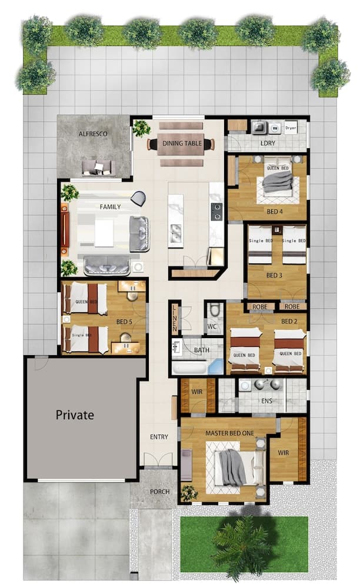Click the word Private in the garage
point(75,415)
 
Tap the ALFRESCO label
point(93,134)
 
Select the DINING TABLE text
point(182,143)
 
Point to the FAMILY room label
point(110,207)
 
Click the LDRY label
point(268,143)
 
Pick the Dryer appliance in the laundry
point(291,126)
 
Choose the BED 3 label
point(275,275)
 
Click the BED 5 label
point(124,322)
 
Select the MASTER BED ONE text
point(229,433)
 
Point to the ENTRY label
point(159,437)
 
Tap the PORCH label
point(159,492)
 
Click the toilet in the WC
point(215,310)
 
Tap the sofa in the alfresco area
point(97,167)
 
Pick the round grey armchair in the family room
point(138,199)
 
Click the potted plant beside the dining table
point(141,127)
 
